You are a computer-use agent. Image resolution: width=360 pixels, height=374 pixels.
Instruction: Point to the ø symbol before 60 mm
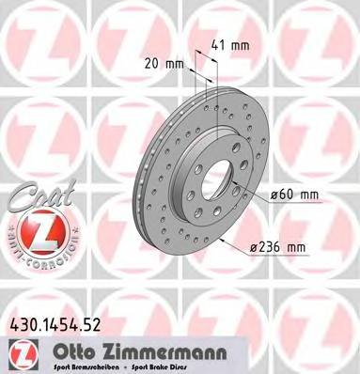[274, 195]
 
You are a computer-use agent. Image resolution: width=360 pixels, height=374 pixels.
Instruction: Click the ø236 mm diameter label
[280, 248]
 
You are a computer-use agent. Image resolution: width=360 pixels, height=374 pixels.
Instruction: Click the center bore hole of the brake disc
[216, 179]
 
